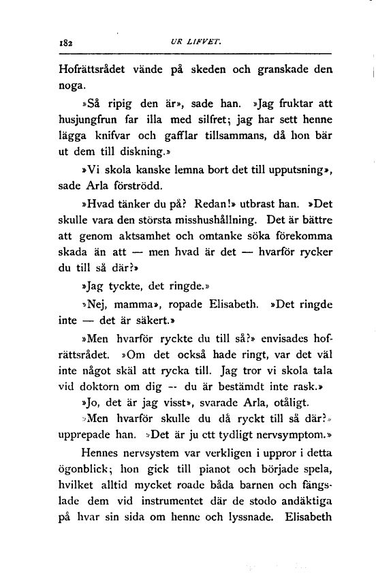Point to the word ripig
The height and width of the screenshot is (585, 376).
119,104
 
